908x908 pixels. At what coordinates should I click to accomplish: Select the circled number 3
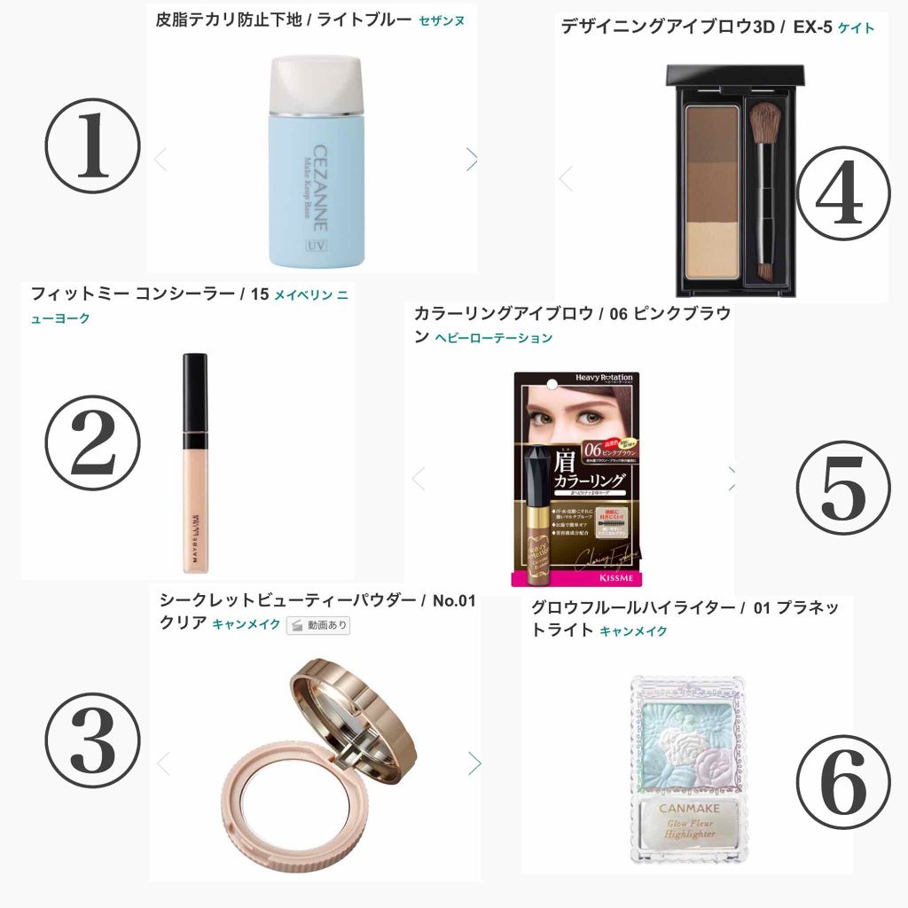pos(93,743)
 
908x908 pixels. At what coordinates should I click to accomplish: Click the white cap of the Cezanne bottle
pos(315,84)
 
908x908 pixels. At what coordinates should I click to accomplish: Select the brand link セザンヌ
pos(442,20)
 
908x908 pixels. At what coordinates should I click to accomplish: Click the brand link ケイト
pos(856,28)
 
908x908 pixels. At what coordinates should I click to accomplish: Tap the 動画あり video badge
pos(318,625)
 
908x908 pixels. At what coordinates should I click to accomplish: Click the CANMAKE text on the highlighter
pos(687,808)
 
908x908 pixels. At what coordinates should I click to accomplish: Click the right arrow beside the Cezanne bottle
pos(472,159)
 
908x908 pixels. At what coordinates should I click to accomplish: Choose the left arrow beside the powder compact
pos(162,763)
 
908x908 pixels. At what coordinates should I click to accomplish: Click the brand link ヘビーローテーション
pos(494,338)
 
